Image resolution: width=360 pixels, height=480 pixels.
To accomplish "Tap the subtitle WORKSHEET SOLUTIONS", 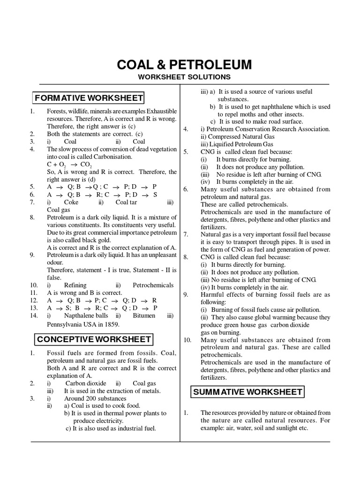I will coord(184,77).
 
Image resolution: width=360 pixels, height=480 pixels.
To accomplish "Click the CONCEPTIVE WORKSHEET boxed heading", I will coord(94,339).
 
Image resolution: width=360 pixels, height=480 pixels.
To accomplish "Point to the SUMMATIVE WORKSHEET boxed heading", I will coord(247,391).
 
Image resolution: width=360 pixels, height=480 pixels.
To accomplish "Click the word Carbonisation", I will coord(113,157).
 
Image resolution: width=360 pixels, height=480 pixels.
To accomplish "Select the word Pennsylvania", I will coord(65,324).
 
